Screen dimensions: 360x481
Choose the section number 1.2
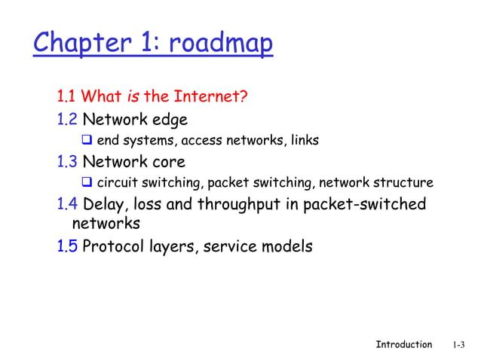(x=67, y=119)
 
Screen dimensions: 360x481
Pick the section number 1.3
(x=67, y=161)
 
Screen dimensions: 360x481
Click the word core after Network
(x=167, y=161)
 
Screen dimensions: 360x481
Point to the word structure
(x=406, y=182)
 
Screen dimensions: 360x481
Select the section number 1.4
(x=67, y=204)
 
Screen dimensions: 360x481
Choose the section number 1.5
(x=67, y=246)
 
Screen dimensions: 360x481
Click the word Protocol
(x=112, y=246)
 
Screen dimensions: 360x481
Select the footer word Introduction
(x=403, y=344)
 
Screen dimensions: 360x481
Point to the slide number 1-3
(x=459, y=345)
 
